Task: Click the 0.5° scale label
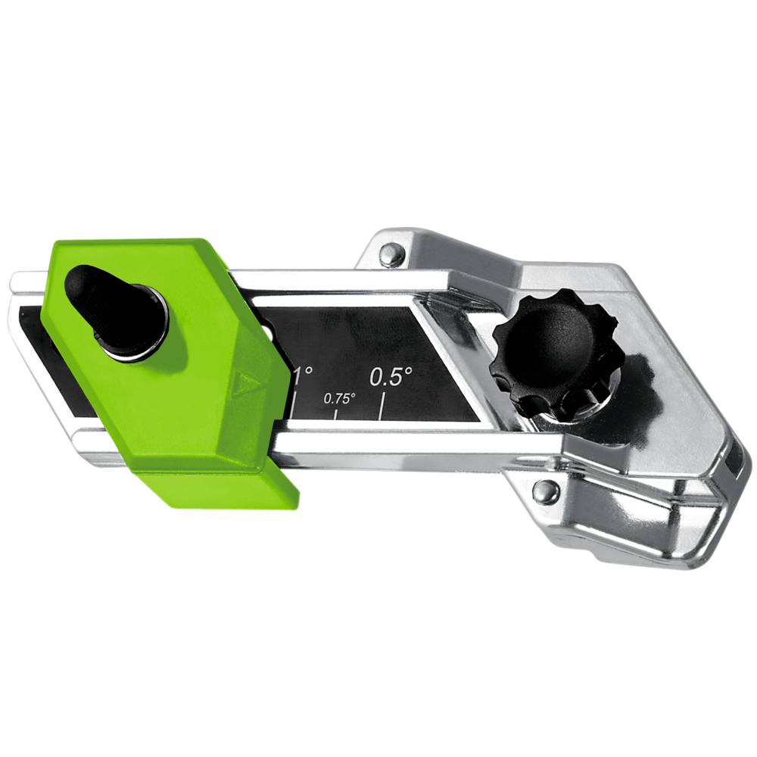[391, 375]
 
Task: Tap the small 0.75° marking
[339, 398]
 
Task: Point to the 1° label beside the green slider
[303, 375]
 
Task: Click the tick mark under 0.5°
[383, 402]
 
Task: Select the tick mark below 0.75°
[336, 413]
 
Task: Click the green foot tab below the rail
[220, 488]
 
